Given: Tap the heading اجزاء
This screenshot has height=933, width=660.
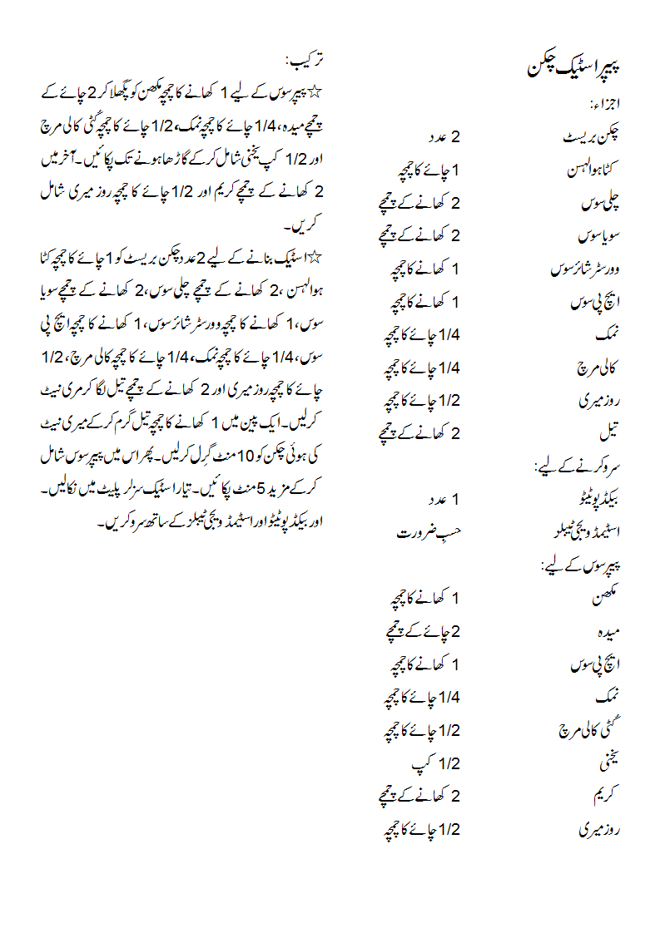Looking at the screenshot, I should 606,106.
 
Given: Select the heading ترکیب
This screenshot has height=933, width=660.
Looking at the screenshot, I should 305,61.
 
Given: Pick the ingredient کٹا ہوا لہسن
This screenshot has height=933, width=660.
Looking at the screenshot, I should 593,170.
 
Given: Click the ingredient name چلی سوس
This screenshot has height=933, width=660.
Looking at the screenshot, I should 601,202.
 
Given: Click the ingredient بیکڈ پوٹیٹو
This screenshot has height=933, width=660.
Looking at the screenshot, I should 592,499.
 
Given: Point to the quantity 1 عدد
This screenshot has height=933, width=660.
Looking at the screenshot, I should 444,499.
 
